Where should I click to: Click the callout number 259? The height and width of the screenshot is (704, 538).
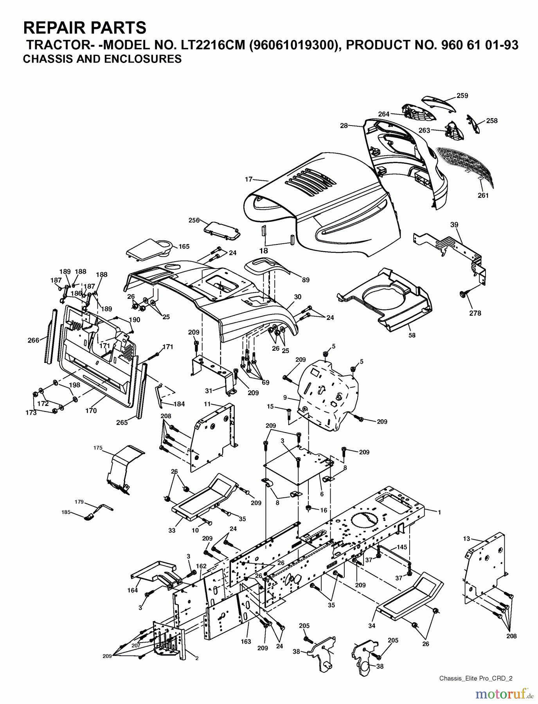pos(462,95)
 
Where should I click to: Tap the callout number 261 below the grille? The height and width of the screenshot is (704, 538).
pos(483,195)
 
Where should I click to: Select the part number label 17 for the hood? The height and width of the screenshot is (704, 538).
pos(249,180)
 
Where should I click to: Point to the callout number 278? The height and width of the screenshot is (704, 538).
pos(475,313)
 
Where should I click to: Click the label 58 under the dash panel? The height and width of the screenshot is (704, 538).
pos(412,335)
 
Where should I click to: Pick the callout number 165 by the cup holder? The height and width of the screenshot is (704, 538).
pos(184,246)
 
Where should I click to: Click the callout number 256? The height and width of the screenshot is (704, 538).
pos(194,221)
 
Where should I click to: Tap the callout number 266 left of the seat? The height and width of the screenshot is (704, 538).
pos(34,340)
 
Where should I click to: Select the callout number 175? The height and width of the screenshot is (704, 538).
pos(98,447)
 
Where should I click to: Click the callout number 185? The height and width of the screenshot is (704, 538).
pos(77,512)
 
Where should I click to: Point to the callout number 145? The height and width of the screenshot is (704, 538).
pos(402,547)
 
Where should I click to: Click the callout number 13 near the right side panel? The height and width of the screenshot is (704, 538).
pos(466,539)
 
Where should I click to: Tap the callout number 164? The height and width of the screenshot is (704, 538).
pos(133,590)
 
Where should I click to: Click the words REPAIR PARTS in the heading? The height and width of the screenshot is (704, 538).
pos(85,28)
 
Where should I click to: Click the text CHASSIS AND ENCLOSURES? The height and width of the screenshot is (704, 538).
pos(102,59)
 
